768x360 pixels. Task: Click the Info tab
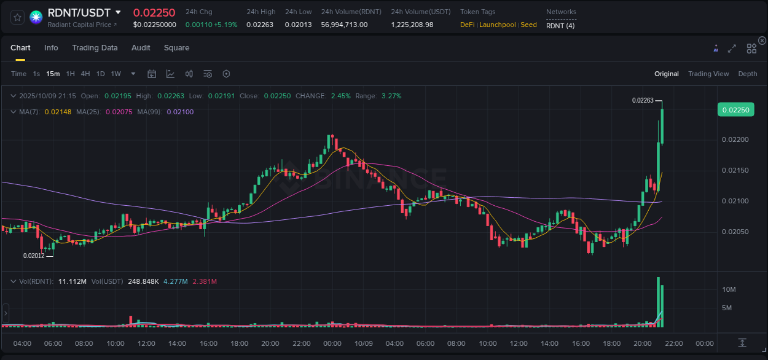pyautogui.click(x=51, y=48)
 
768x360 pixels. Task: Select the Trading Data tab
pyautogui.click(x=95, y=48)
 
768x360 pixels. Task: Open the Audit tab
pyautogui.click(x=141, y=48)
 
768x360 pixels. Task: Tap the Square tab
pyautogui.click(x=176, y=48)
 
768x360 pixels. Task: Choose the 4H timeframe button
pyautogui.click(x=85, y=74)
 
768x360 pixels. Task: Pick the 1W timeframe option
pyautogui.click(x=116, y=74)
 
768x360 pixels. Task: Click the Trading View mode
pyautogui.click(x=708, y=74)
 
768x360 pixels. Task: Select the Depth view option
pyautogui.click(x=748, y=74)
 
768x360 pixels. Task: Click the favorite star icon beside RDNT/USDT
pyautogui.click(x=18, y=17)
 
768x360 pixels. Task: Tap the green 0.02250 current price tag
pyautogui.click(x=735, y=110)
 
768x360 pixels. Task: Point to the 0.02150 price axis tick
pyautogui.click(x=735, y=170)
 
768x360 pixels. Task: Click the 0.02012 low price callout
pyautogui.click(x=34, y=256)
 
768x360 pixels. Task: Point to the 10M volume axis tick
pyautogui.click(x=729, y=289)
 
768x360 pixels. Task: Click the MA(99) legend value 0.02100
pyautogui.click(x=180, y=112)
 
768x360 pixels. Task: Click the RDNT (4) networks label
pyautogui.click(x=560, y=25)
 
